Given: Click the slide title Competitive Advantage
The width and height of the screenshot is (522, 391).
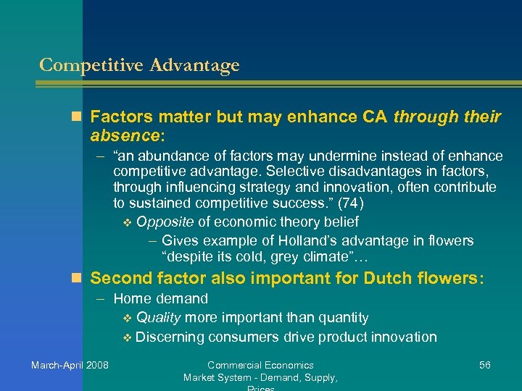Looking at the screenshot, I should (139, 65).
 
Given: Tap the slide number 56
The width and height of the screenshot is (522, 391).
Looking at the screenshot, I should (484, 365).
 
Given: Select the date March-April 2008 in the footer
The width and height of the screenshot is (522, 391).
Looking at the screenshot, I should (70, 365).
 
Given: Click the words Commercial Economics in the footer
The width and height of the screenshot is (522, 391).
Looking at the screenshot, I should (260, 365).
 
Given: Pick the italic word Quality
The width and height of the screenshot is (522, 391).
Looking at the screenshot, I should (159, 318).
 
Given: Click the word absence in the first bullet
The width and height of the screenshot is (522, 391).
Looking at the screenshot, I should (123, 135).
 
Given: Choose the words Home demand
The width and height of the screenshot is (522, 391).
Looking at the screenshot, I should (160, 298).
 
